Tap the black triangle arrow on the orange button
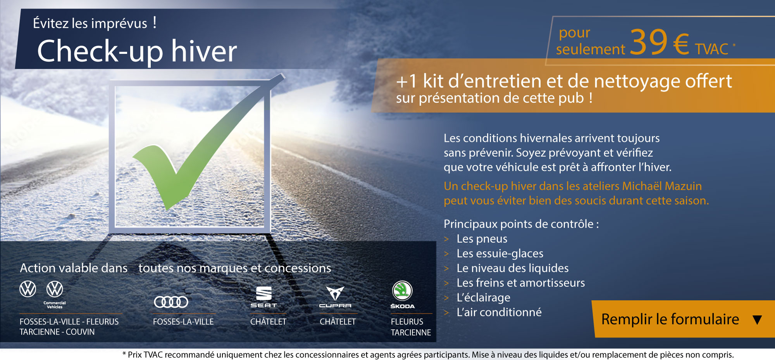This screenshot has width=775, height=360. pos(757,320)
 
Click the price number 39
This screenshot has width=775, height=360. pos(649,42)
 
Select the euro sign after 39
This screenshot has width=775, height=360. pos(681,44)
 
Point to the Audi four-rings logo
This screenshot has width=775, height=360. pos(171,301)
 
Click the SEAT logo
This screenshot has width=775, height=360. pos(264,297)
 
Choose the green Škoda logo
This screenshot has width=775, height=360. pos(402,295)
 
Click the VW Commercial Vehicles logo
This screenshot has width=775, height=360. pos(55,295)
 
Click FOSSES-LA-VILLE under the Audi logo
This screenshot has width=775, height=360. pos(183,322)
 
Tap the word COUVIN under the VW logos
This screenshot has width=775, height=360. pos(80,332)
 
